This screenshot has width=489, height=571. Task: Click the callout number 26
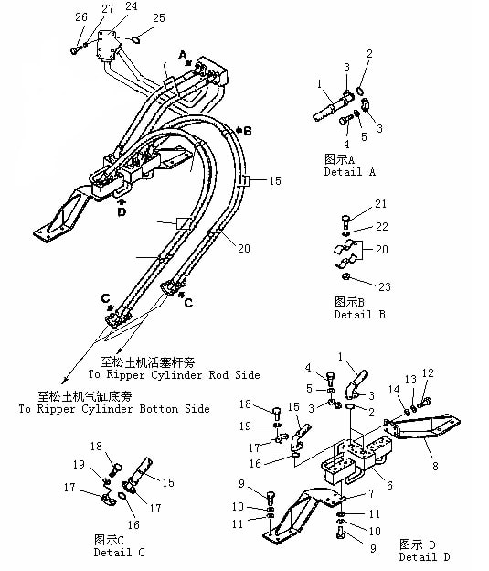(81, 16)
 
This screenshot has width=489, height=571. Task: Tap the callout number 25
(159, 18)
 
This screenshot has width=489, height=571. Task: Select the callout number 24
(131, 6)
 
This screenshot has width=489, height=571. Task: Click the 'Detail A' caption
(350, 171)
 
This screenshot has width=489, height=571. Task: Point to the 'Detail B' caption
(359, 314)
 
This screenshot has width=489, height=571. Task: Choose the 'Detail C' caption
(119, 552)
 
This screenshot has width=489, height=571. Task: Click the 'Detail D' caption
(425, 556)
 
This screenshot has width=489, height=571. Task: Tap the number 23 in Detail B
(385, 287)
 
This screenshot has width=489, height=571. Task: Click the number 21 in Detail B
(380, 203)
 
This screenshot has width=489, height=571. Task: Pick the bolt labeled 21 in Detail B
(345, 221)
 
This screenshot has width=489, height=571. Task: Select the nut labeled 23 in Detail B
(345, 277)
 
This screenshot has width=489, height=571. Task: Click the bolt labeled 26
(75, 50)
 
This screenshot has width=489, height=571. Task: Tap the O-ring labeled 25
(135, 39)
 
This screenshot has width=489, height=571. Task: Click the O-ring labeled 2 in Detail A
(359, 90)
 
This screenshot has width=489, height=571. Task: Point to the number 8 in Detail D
(435, 466)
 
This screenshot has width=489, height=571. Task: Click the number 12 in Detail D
(428, 373)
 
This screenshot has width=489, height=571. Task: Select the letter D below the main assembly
(122, 211)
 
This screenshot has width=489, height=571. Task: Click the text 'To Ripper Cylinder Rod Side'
(175, 375)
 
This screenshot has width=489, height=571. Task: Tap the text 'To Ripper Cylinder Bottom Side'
(114, 409)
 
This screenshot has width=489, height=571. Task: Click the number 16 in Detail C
(133, 524)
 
